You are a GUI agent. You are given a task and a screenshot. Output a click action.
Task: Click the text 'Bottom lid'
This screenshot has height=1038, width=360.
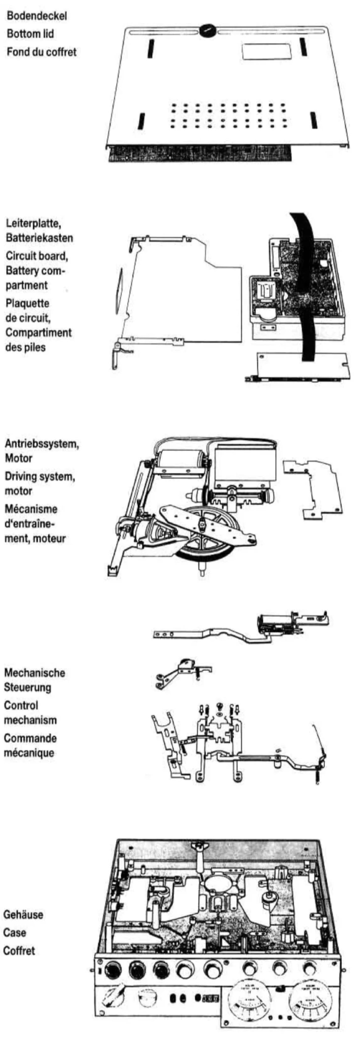tap(30, 34)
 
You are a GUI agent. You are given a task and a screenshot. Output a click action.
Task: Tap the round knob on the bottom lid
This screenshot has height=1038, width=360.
tap(208, 30)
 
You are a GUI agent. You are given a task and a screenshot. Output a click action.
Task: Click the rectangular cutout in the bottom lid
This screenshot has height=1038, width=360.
tap(266, 52)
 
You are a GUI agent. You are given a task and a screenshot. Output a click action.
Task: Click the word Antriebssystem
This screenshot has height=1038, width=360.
tap(41, 444)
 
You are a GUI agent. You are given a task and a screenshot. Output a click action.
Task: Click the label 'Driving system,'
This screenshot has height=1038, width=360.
tap(40, 476)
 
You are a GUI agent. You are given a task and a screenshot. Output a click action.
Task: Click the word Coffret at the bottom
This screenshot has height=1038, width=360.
tap(19, 951)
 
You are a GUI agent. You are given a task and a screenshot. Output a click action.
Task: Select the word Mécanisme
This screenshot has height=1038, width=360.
tap(31, 509)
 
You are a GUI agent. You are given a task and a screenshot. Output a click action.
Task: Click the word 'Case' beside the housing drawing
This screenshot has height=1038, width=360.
tap(14, 933)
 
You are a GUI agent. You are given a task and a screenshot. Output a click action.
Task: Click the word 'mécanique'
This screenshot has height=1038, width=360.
tap(29, 753)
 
